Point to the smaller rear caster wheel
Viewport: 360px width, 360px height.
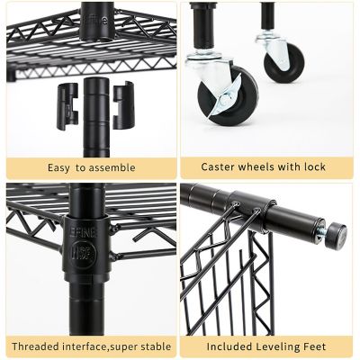283,59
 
